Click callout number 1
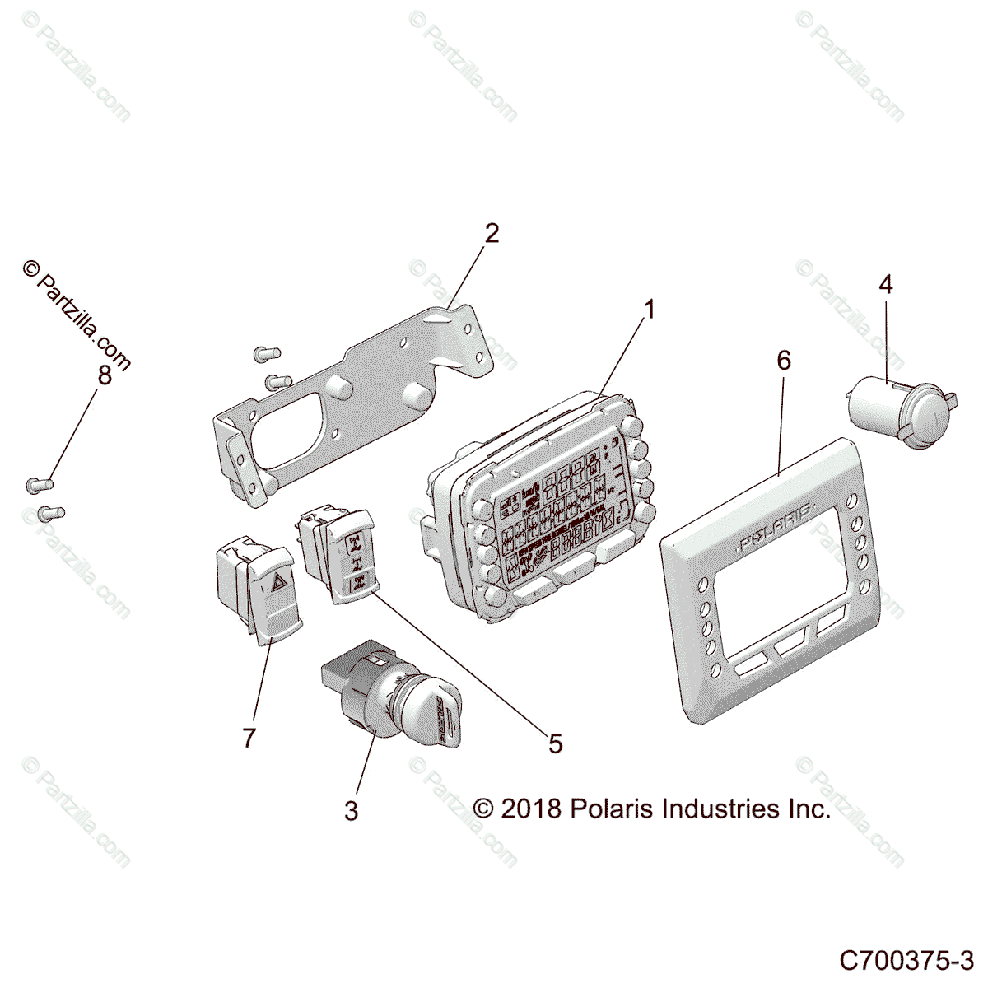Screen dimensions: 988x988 [x=650, y=310]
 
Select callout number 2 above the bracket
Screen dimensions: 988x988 [x=491, y=233]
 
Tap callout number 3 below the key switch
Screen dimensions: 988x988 [x=352, y=811]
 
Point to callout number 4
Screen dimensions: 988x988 [x=885, y=285]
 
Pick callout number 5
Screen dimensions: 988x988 [x=555, y=743]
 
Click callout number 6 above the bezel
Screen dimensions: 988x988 [x=783, y=360]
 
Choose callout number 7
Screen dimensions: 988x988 [x=249, y=738]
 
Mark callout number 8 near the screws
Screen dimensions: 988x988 [x=104, y=375]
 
